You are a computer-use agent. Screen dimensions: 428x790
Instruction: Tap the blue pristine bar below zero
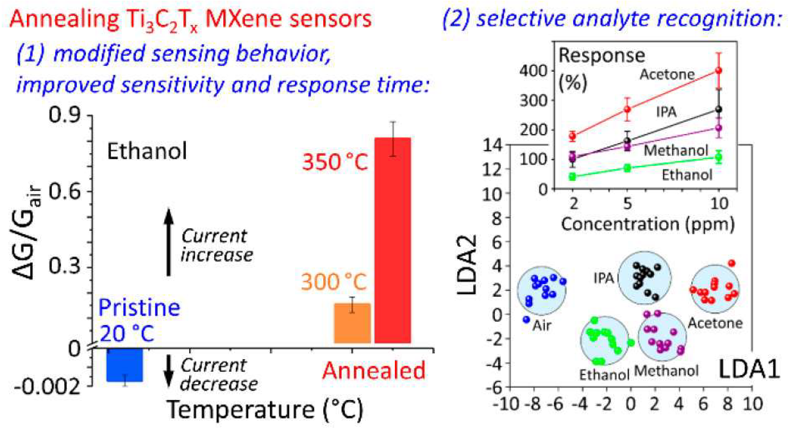coord(124,365)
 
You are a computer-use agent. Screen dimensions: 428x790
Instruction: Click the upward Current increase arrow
coord(168,243)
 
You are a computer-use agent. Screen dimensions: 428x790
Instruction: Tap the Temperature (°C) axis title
coord(264,410)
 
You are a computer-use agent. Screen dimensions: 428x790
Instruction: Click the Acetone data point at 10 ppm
coord(719,71)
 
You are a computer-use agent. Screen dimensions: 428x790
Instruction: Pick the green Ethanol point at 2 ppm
coord(572,177)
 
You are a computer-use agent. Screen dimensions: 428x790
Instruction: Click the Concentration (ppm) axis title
coord(648,224)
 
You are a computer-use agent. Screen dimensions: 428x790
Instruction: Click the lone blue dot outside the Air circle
coord(526,320)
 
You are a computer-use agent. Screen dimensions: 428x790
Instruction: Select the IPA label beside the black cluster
coord(604,278)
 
